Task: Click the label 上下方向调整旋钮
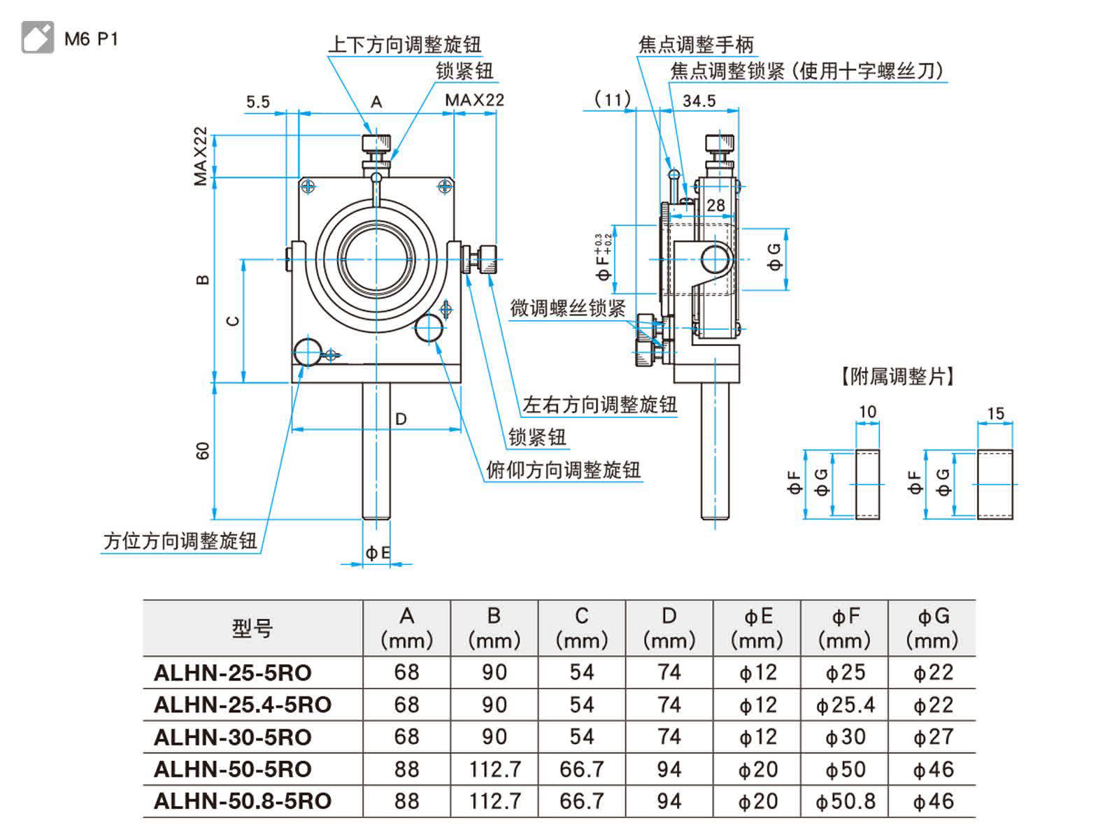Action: click(404, 45)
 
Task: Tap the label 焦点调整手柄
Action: click(696, 45)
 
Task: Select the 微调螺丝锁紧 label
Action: click(568, 308)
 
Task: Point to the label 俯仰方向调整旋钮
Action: click(563, 470)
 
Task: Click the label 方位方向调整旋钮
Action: click(180, 540)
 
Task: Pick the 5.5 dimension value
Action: click(257, 102)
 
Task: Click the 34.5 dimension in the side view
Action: click(699, 101)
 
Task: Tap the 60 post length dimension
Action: click(203, 451)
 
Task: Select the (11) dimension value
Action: click(613, 100)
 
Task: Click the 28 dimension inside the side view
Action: click(715, 205)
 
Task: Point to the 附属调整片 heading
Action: click(897, 377)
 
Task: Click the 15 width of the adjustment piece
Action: click(995, 414)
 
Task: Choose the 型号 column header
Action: click(252, 629)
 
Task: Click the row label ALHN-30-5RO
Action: click(233, 737)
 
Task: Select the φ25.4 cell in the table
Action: click(845, 705)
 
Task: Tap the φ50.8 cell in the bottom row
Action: click(845, 801)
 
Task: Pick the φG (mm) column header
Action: click(932, 628)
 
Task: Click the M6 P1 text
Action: click(91, 39)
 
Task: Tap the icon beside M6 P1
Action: click(38, 38)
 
